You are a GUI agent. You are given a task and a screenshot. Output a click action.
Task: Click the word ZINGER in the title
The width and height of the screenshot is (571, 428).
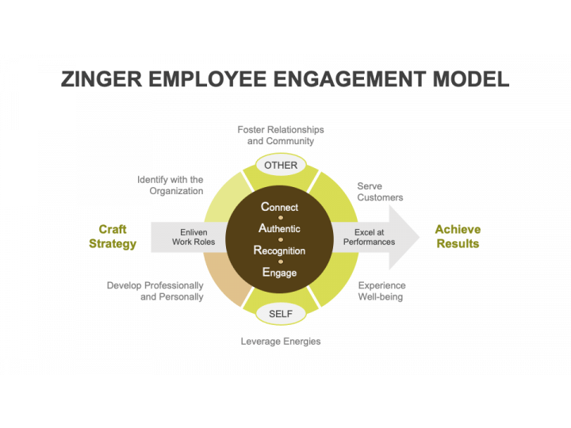point(102,79)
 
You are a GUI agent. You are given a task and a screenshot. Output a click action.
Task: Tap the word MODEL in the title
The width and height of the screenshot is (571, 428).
point(471,79)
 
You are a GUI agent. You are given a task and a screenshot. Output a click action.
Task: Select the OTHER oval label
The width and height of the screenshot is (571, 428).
point(281,165)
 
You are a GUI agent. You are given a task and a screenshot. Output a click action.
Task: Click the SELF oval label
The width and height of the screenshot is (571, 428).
point(281,314)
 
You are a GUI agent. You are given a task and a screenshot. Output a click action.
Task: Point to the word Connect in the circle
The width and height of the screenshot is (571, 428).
point(280,207)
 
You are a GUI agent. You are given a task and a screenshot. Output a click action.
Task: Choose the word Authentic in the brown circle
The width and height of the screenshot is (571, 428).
point(279,228)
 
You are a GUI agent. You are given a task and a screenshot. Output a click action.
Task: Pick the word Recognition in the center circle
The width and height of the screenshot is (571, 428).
point(279,250)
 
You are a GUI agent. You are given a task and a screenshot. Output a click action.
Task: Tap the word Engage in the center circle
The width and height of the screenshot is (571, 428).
point(279,272)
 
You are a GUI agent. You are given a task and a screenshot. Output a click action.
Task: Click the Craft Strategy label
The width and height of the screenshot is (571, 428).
point(113,236)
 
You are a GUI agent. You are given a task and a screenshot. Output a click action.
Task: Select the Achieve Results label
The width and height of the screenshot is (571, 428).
point(458,236)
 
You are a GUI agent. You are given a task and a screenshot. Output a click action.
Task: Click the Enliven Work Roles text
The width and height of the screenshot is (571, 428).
point(194,237)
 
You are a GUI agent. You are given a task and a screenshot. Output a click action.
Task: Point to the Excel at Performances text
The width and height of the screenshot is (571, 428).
point(369,237)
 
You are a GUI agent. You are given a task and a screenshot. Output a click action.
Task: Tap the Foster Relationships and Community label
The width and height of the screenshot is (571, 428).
point(281,135)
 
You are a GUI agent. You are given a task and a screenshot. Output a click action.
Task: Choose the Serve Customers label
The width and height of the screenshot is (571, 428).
point(380,192)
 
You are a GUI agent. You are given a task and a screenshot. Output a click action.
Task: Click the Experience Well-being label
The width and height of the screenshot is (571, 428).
point(381,291)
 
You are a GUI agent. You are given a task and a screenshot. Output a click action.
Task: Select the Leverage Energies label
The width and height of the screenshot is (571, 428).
point(281,341)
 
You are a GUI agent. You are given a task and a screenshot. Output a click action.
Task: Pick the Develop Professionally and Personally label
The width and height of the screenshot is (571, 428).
point(155,291)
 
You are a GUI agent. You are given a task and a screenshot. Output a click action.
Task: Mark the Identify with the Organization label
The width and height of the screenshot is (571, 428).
point(170,185)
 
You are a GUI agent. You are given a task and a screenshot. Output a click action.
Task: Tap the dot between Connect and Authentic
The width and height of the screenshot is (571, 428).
point(281,218)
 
